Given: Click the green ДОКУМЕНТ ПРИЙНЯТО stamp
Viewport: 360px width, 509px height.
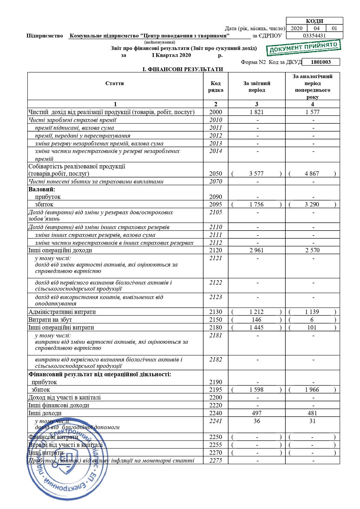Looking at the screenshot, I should click(x=303, y=48).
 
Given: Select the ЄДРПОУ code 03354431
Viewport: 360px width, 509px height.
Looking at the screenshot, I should click(x=314, y=36).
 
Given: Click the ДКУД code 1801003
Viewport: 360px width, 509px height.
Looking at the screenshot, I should click(x=321, y=62).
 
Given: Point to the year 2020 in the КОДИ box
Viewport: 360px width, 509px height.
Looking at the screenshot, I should click(x=296, y=28).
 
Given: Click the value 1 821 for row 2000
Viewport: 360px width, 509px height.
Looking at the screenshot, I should click(x=257, y=112).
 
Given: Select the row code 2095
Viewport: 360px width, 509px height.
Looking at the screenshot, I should click(x=215, y=204).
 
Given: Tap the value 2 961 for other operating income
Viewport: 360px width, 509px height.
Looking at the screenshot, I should click(x=257, y=250).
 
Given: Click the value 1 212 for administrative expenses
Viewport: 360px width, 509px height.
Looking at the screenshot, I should click(x=257, y=312).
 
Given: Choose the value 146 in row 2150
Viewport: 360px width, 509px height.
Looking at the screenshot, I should click(x=257, y=320).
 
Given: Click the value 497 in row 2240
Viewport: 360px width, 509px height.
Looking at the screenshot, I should click(x=257, y=413).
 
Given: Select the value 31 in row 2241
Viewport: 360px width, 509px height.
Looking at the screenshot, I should click(x=312, y=421).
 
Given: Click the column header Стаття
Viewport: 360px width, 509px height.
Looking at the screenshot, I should click(x=115, y=83).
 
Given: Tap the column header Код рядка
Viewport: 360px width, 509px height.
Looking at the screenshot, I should click(x=215, y=87).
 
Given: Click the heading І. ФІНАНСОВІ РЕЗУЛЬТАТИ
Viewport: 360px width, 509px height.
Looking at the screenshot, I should click(x=183, y=69).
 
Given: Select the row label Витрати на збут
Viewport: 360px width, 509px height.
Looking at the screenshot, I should click(x=50, y=320).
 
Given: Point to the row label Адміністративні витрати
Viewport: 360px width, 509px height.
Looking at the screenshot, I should click(x=62, y=312).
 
